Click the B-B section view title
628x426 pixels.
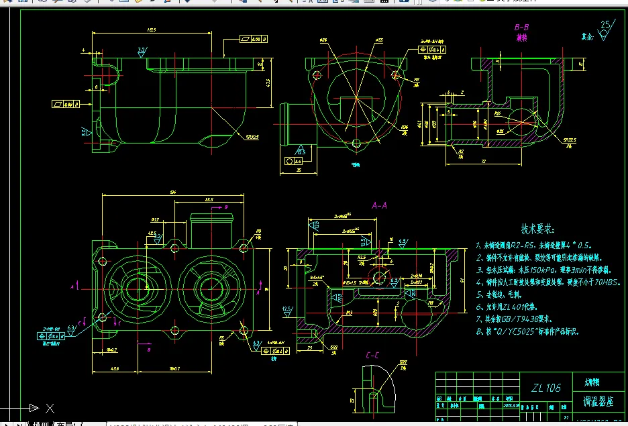click(521, 28)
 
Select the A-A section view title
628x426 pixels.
click(379, 205)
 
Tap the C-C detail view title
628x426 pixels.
click(374, 356)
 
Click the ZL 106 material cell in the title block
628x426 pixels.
click(545, 388)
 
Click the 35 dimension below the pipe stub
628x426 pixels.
click(297, 170)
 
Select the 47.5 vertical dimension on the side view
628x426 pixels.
click(268, 83)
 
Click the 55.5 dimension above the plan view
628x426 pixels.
click(209, 200)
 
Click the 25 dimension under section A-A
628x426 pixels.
click(310, 348)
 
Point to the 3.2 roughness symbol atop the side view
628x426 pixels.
click(141, 50)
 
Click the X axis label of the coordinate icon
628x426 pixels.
click(50, 407)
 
